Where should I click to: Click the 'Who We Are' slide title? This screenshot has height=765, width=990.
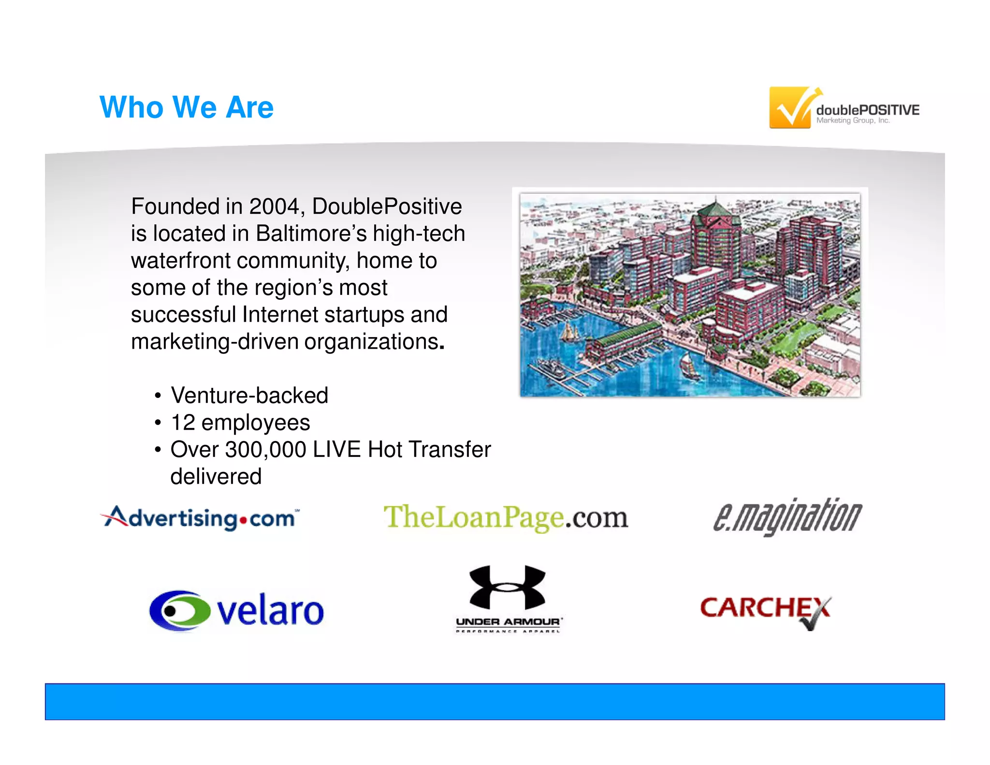tap(187, 107)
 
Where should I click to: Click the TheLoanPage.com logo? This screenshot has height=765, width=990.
tap(506, 517)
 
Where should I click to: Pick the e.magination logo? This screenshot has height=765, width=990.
tap(787, 517)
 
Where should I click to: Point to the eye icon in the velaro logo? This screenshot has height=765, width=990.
tap(179, 610)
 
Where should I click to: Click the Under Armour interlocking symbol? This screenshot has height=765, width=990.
tap(508, 588)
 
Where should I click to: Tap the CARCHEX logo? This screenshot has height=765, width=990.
tap(765, 609)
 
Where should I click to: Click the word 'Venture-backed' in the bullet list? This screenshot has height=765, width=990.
tap(249, 396)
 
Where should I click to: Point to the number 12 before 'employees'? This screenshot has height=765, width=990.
tap(183, 423)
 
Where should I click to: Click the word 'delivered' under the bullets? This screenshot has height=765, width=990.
tap(216, 477)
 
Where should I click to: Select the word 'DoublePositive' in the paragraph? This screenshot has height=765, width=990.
tap(387, 207)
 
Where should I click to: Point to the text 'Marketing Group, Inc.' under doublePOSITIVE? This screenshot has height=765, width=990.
tap(853, 120)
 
